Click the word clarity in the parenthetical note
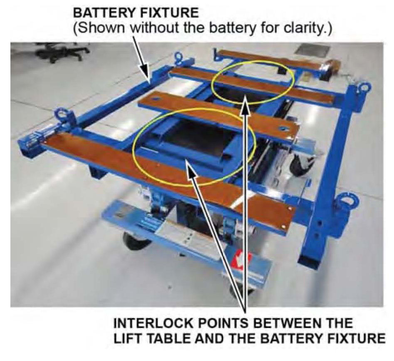tap(305, 30)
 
